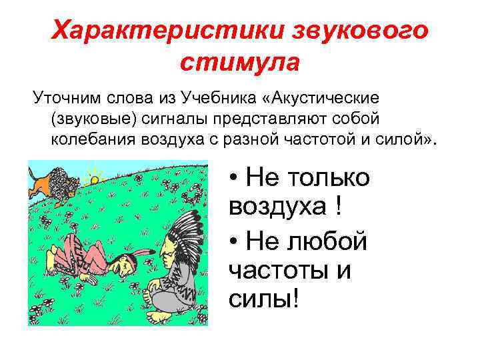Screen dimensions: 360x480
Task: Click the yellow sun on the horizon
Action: tap(95, 178)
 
